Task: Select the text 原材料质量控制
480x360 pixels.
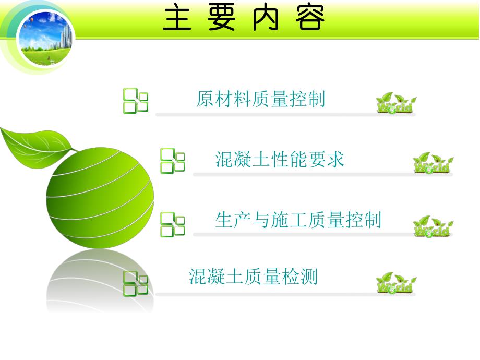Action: click(x=260, y=99)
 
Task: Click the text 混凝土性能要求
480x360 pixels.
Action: click(x=280, y=160)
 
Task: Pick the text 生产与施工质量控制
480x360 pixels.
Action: click(x=298, y=220)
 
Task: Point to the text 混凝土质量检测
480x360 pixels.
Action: click(x=253, y=277)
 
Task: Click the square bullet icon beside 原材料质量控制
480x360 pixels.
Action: click(x=135, y=101)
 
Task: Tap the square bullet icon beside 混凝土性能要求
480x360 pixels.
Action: click(x=172, y=161)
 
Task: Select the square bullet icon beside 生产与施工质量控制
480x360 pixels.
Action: click(x=172, y=224)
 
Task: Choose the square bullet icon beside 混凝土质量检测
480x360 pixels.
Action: click(x=135, y=283)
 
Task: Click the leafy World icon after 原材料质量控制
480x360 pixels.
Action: click(x=396, y=103)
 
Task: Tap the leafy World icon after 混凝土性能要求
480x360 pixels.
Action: click(x=433, y=163)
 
